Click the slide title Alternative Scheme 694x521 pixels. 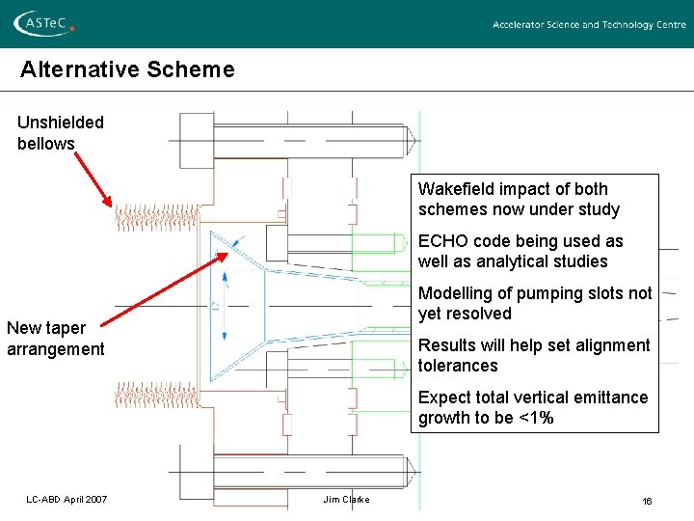click(127, 69)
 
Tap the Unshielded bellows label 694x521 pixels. click(60, 133)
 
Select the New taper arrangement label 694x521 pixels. click(55, 339)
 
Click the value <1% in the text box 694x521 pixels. click(537, 418)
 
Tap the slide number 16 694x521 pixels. click(648, 500)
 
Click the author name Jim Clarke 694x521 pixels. click(346, 499)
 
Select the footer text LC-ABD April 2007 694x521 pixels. click(67, 499)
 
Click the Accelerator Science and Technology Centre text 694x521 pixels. click(589, 25)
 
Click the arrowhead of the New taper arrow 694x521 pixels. click(227, 255)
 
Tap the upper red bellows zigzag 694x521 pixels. click(158, 217)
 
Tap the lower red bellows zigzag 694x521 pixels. click(158, 394)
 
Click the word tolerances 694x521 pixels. click(458, 366)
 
